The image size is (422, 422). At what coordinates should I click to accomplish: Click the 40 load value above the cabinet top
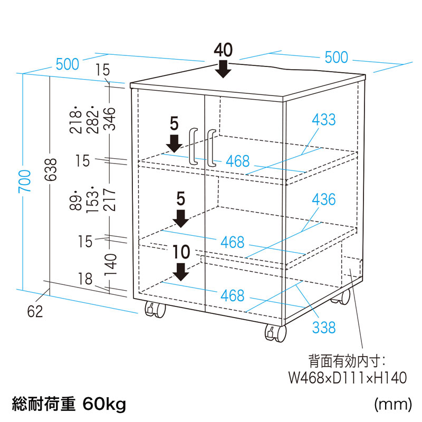coord(224,50)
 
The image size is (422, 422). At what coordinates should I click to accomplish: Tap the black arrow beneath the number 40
coord(224,69)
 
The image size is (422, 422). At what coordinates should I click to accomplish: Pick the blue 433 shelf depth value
coord(323,120)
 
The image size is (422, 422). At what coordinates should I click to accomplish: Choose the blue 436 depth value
coord(323,200)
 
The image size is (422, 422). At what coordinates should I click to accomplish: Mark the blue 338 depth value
coord(323,328)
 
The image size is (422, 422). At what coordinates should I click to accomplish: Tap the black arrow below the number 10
coord(181,272)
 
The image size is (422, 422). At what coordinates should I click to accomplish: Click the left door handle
coord(193,147)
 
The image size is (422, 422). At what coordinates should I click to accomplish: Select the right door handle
coord(212,148)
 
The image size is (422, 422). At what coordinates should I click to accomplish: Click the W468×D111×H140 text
coord(348,378)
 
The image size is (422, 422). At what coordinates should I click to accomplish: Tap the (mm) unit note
coord(392,405)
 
